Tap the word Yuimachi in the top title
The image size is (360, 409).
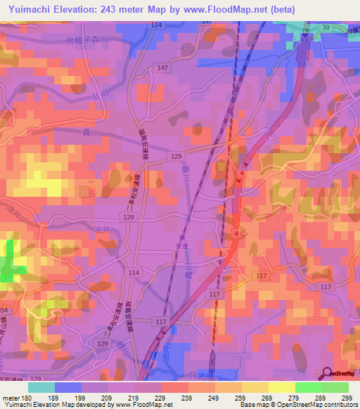tap(32, 8)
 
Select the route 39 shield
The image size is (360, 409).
tap(326, 27)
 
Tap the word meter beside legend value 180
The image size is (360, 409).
tap(11, 398)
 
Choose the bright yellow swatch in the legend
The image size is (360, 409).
tap(281, 387)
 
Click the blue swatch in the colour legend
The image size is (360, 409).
tap(67, 387)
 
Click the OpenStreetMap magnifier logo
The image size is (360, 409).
tap(328, 373)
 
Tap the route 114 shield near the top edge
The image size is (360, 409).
tap(155, 25)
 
